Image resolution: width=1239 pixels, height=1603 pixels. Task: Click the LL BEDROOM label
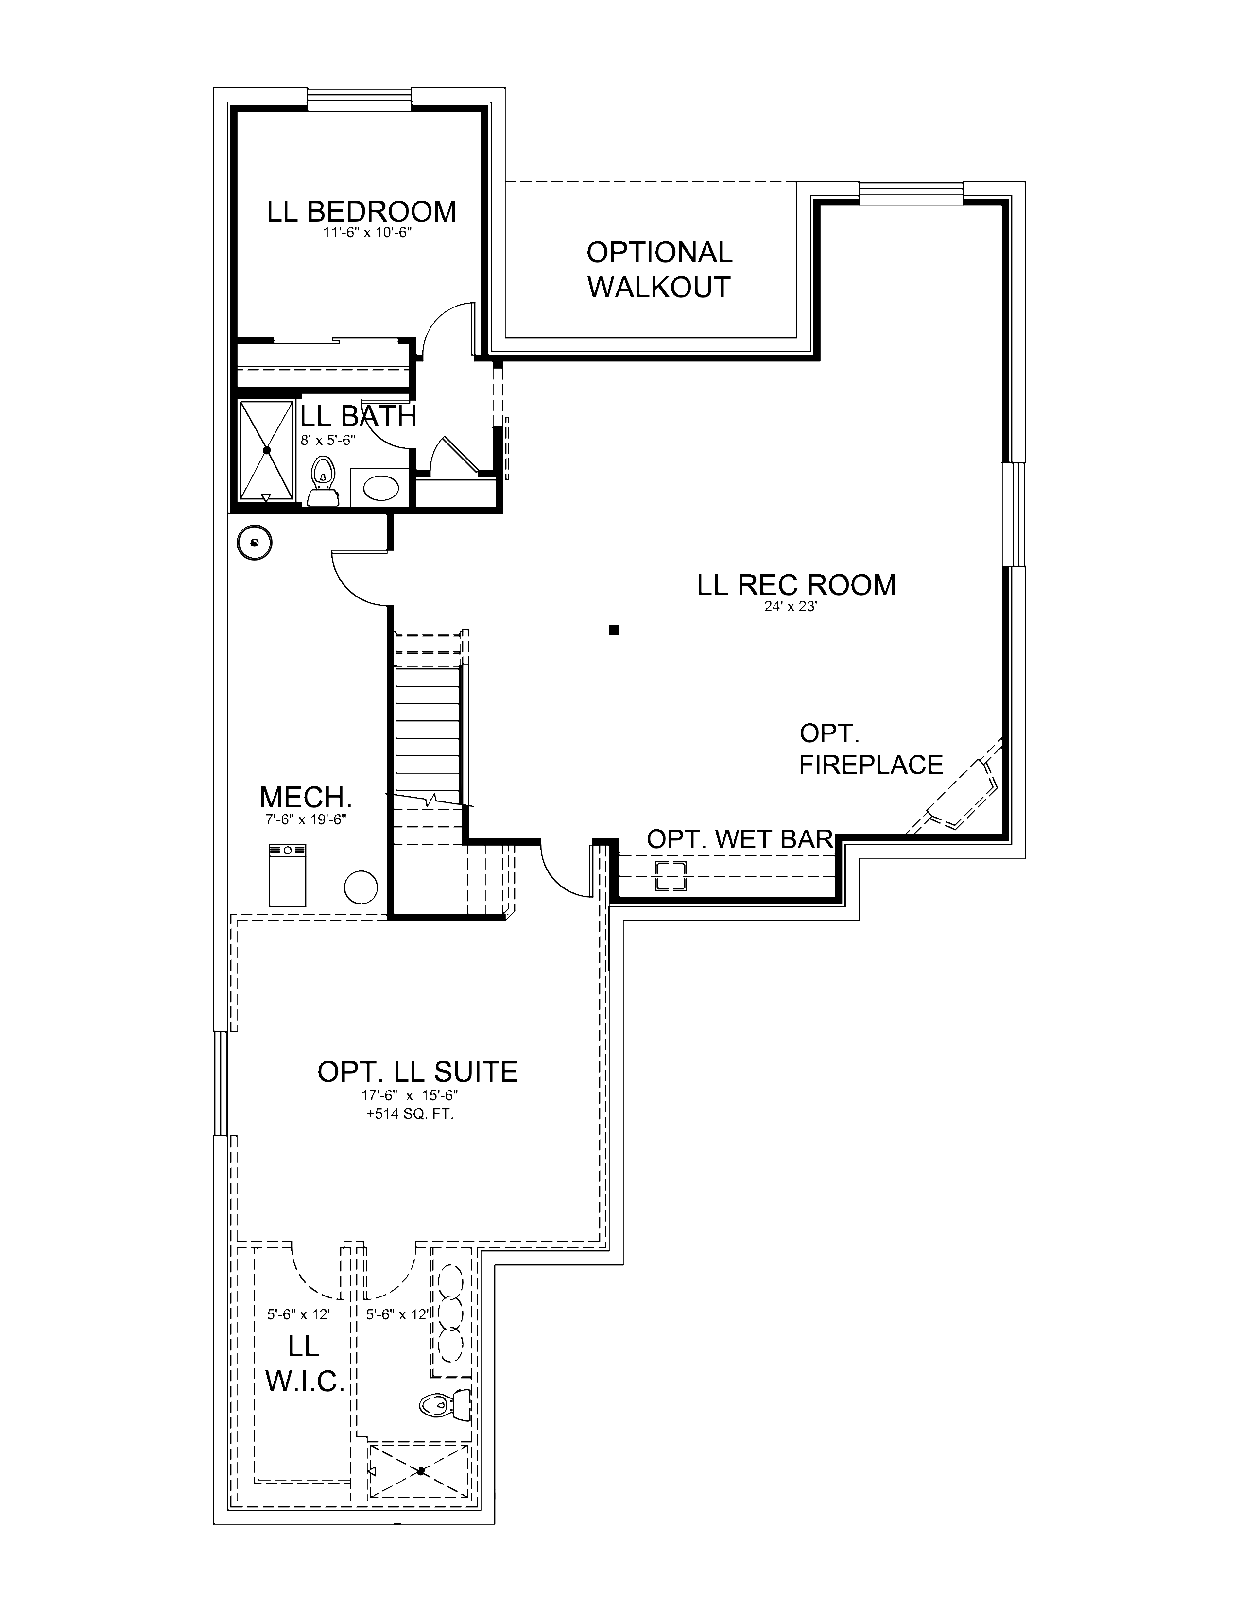coord(361,211)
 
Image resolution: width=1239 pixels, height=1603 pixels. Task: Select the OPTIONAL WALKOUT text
coord(658,270)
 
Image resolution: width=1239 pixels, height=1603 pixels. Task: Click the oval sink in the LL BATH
coord(382,487)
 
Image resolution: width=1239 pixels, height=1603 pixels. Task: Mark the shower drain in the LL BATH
coord(266,449)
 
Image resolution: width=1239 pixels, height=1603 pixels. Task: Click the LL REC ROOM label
coord(796,585)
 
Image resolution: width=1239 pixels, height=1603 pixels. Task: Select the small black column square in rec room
coord(614,629)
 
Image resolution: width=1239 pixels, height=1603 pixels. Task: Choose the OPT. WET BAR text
coord(739,838)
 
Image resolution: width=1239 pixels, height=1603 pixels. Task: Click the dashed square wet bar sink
coord(670,876)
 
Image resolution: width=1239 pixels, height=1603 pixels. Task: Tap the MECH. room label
coord(305,797)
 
